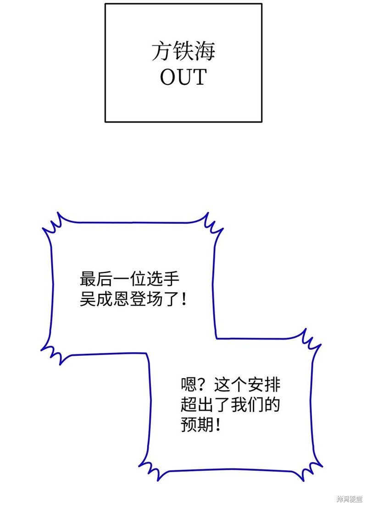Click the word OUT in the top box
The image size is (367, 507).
click(x=183, y=77)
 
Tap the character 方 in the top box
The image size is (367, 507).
click(x=162, y=51)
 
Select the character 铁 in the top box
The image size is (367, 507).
click(x=183, y=51)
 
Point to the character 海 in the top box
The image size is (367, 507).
click(x=205, y=51)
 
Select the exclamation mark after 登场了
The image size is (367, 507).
click(x=184, y=299)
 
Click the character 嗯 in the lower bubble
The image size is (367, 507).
click(x=189, y=385)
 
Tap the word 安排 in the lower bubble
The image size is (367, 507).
click(x=264, y=385)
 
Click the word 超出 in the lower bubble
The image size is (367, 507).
click(x=197, y=404)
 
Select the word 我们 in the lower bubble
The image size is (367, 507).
click(x=247, y=404)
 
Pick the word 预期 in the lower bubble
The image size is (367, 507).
click(x=197, y=424)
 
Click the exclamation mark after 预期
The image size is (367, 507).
click(x=217, y=424)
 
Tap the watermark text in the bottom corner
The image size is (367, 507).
click(x=350, y=499)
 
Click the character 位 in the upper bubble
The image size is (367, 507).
click(x=138, y=279)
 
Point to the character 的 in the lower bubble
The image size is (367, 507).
click(x=272, y=404)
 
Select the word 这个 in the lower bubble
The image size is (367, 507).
click(x=230, y=385)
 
